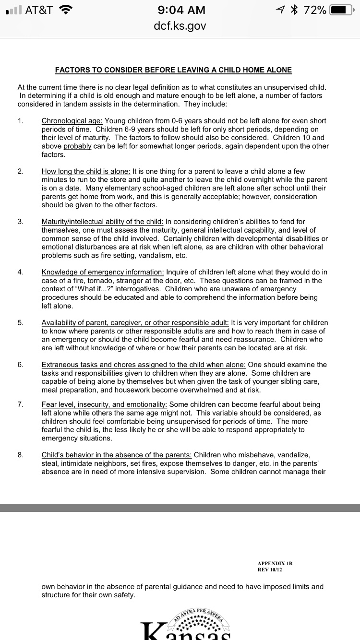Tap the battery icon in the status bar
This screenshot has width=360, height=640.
(x=341, y=10)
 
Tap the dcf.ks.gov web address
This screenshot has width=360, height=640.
(x=180, y=26)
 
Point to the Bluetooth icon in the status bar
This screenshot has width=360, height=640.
(x=296, y=10)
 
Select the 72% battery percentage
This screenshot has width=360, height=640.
(x=315, y=10)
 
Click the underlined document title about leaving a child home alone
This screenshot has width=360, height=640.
(x=173, y=70)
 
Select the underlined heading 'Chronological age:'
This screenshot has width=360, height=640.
(x=72, y=121)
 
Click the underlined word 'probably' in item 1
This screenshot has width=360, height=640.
(x=77, y=146)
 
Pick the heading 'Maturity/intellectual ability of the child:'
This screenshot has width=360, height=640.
(x=103, y=222)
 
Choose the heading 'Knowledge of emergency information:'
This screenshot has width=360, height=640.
(x=103, y=272)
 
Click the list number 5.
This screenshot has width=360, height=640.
(x=20, y=323)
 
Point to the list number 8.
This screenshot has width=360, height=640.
(x=20, y=455)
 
